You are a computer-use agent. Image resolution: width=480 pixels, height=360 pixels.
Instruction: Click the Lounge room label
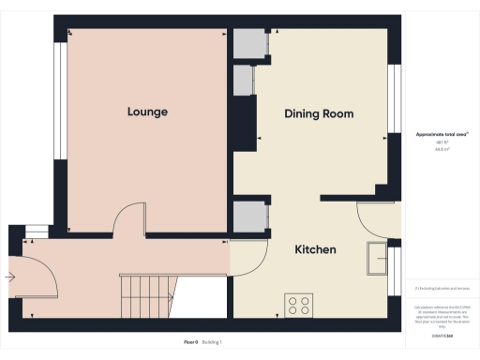pos(147,112)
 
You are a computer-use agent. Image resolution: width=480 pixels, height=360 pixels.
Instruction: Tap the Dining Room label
pos(319,113)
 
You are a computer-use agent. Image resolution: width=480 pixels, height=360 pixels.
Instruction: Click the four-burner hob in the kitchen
pos(299,305)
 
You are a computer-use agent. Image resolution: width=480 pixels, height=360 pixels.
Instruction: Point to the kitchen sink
pos(378,259)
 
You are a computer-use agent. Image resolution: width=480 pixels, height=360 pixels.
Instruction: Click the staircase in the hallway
pos(148,295)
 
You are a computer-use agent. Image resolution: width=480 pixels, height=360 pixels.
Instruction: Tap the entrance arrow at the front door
pos(11,277)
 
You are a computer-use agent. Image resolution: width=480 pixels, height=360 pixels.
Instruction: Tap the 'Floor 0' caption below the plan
pos(191,343)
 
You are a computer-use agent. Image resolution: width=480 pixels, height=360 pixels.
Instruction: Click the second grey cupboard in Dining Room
pos(244,80)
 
